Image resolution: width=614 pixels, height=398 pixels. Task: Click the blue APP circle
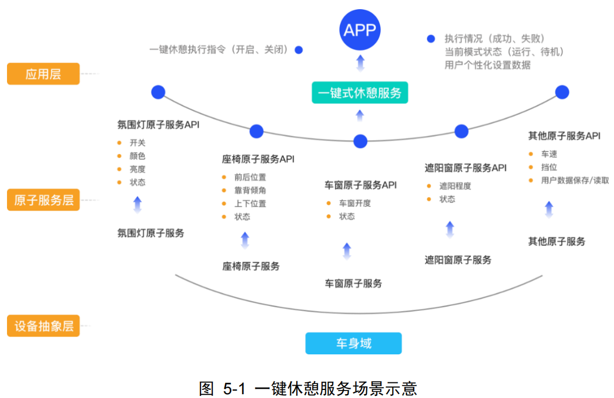coord(360,30)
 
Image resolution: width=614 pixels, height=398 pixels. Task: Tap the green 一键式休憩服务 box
coord(360,93)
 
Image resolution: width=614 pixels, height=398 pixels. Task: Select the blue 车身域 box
coord(353,343)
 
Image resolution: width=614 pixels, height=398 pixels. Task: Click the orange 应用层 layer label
coord(43,74)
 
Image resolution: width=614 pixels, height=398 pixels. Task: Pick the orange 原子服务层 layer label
coord(43,200)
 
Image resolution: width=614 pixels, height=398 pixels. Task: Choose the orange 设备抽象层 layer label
coord(43,326)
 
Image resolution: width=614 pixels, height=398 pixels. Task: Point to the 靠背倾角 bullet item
coord(250,190)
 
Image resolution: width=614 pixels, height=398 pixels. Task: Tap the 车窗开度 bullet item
coord(354,203)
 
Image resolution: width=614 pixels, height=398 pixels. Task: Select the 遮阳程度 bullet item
coord(455,186)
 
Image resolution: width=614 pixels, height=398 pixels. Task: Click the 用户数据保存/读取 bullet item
coord(575,180)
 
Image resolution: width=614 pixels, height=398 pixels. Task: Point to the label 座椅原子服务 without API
coord(251,266)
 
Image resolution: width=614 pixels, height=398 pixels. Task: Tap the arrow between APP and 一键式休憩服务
coord(360,63)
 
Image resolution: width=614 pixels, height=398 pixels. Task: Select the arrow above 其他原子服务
coord(549,210)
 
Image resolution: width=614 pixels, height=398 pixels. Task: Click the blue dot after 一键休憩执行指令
coord(298,50)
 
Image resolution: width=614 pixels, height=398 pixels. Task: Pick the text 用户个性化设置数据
coord(487,65)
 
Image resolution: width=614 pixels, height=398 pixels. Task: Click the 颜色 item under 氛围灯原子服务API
coord(137,156)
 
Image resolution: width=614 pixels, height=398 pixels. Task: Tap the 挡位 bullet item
coord(549,167)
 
